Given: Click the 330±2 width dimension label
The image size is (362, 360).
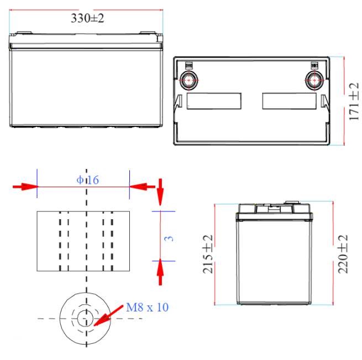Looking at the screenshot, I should pyautogui.click(x=87, y=18).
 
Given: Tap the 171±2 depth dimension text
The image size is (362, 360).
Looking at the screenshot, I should pyautogui.click(x=354, y=101).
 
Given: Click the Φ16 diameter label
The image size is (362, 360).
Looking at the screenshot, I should pyautogui.click(x=88, y=180).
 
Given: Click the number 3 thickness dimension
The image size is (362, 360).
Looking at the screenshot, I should pyautogui.click(x=170, y=237).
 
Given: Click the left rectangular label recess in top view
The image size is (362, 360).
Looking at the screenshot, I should pyautogui.click(x=214, y=101).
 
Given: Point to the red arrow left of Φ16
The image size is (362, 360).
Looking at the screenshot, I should pyautogui.click(x=25, y=187).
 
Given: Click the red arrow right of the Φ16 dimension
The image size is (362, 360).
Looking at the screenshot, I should pyautogui.click(x=143, y=187).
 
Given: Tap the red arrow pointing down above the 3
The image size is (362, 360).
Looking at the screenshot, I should pyautogui.click(x=160, y=190).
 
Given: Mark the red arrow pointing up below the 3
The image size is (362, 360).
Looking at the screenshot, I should pyautogui.click(x=160, y=272).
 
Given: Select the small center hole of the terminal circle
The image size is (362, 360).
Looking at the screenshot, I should pyautogui.click(x=85, y=319).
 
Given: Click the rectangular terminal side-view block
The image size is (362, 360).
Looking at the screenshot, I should pyautogui.click(x=83, y=241).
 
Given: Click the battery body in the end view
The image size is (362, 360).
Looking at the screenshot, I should pyautogui.click(x=274, y=260).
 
